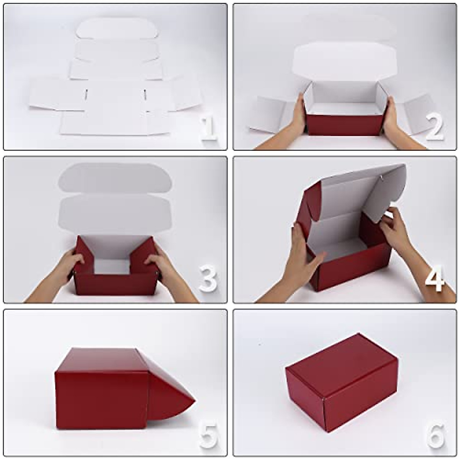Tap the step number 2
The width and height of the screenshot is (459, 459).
click(435, 127)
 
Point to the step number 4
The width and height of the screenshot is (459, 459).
click(435, 278)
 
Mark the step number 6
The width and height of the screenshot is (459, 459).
click(436, 436)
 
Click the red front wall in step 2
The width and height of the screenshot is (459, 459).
click(344, 125)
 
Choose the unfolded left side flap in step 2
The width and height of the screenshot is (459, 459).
click(268, 115)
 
